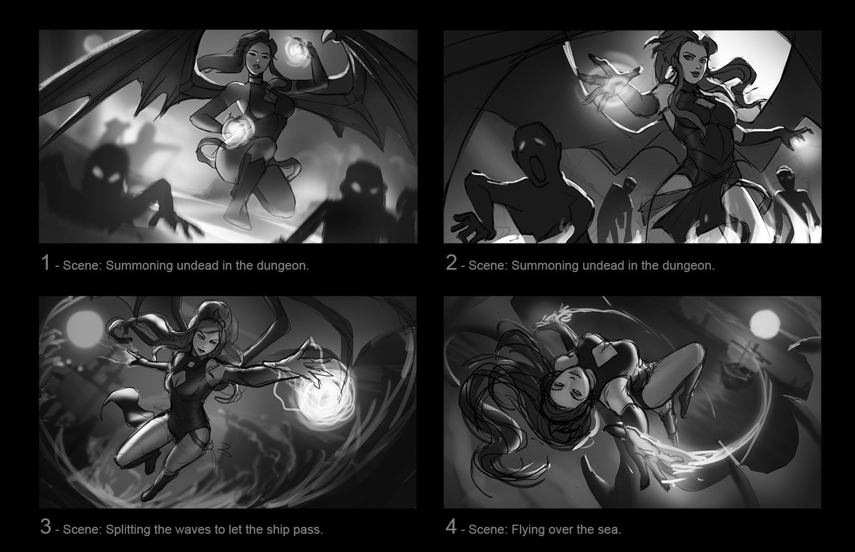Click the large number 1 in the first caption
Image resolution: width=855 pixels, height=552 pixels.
tap(46, 263)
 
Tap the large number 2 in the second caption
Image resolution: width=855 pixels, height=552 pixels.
tap(451, 263)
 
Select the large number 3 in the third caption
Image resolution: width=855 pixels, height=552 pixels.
tap(46, 527)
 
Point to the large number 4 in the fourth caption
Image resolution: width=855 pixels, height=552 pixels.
tap(451, 527)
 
